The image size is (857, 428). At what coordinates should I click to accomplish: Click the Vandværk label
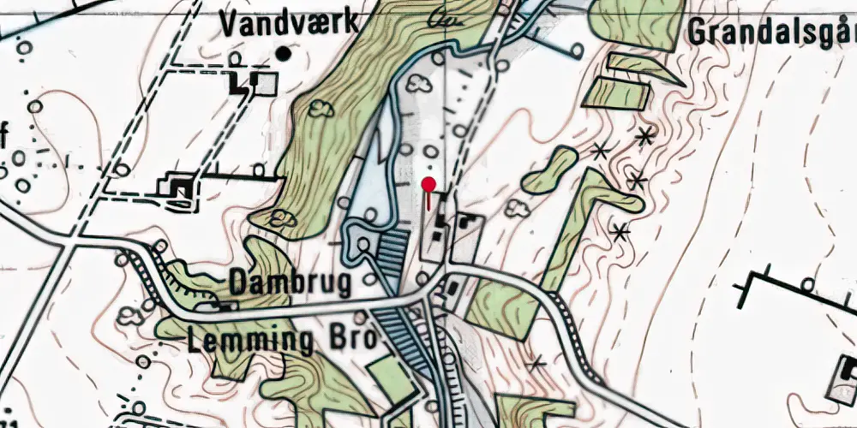click(288, 23)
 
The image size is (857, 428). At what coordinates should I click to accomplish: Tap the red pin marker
click(428, 184)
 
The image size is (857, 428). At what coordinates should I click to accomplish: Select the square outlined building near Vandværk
click(268, 83)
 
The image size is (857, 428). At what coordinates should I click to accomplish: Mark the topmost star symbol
click(644, 135)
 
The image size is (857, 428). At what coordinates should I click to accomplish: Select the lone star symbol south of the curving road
click(537, 365)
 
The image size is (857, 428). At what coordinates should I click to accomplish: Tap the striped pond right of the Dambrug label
click(393, 252)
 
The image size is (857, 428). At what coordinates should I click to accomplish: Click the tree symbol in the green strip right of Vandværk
click(321, 108)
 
